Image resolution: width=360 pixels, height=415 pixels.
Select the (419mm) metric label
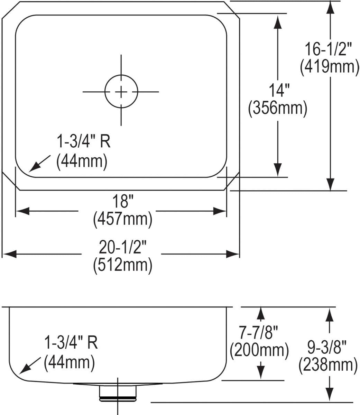[x=330, y=67]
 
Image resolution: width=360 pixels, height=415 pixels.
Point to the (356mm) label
[x=278, y=108]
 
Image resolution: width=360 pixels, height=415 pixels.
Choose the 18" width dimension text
[x=123, y=201]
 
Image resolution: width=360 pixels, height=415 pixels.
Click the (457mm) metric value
[x=123, y=219]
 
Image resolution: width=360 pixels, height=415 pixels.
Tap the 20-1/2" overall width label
[x=122, y=247]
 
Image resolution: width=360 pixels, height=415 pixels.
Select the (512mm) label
[x=123, y=265]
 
